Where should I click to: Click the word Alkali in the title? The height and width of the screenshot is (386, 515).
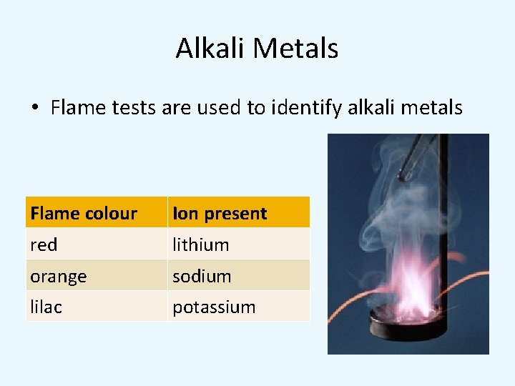211,49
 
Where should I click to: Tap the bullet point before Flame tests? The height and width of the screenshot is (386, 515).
34,109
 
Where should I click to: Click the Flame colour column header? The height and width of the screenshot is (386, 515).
84,213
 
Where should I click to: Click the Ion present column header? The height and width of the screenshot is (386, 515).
220,213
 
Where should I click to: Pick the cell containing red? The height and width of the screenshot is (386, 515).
44,244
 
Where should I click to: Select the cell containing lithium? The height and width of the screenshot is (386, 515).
201,244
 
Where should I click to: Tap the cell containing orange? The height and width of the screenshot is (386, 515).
59,276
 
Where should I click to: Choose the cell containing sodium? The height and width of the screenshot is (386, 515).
202,276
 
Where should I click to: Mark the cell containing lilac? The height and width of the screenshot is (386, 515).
46,307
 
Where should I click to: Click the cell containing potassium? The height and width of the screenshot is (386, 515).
214,307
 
